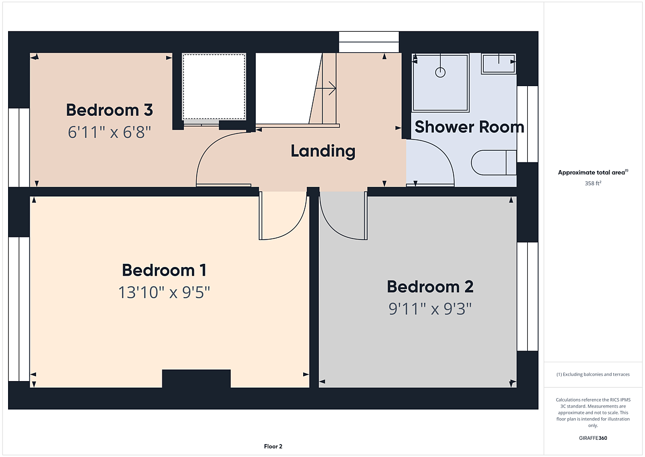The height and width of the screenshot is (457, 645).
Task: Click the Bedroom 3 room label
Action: [x=110, y=110]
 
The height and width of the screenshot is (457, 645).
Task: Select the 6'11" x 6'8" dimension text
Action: [x=110, y=132]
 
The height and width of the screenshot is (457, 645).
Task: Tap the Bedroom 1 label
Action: [x=164, y=270]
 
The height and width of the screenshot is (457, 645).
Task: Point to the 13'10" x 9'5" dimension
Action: [x=164, y=292]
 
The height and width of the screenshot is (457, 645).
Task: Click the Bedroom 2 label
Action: [x=430, y=286]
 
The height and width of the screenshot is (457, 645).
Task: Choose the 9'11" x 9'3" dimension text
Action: [x=430, y=309]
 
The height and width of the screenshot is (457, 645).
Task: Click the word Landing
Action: [x=323, y=151]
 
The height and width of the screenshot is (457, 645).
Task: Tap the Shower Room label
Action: [x=469, y=127]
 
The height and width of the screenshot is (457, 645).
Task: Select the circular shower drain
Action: [x=440, y=72]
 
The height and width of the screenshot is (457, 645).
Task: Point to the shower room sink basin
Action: [x=498, y=64]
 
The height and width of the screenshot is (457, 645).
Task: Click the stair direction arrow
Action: [x=326, y=88]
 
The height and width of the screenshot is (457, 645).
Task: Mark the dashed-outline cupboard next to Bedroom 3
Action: [x=214, y=87]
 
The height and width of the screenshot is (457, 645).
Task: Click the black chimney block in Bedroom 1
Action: [x=196, y=378]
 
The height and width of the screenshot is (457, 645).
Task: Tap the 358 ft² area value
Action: [x=593, y=184]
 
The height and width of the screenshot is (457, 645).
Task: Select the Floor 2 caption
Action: [x=273, y=446]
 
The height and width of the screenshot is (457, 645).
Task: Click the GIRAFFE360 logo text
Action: [x=593, y=438]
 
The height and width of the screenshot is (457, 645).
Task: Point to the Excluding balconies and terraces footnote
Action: [x=593, y=374]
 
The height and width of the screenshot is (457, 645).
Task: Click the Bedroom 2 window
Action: [x=527, y=297]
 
